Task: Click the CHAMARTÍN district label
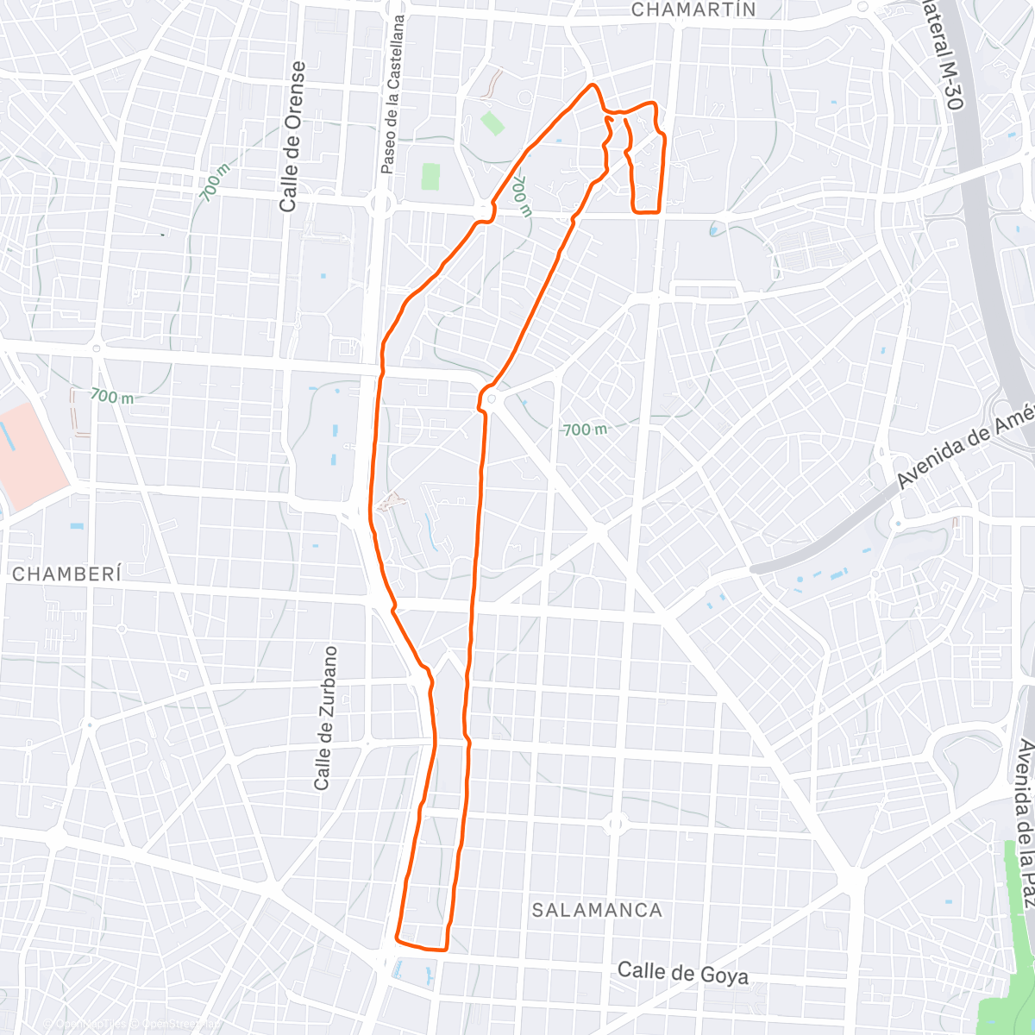click(x=693, y=10)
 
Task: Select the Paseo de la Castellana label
click(x=393, y=95)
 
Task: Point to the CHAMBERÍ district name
click(x=66, y=574)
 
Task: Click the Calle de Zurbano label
click(x=324, y=718)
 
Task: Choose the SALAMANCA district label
click(x=597, y=910)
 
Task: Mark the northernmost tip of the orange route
click(x=593, y=85)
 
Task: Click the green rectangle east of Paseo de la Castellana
click(x=430, y=176)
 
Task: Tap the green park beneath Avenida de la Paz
click(x=1018, y=931)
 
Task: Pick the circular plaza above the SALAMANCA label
click(x=614, y=825)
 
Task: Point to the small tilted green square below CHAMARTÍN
click(x=492, y=122)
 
